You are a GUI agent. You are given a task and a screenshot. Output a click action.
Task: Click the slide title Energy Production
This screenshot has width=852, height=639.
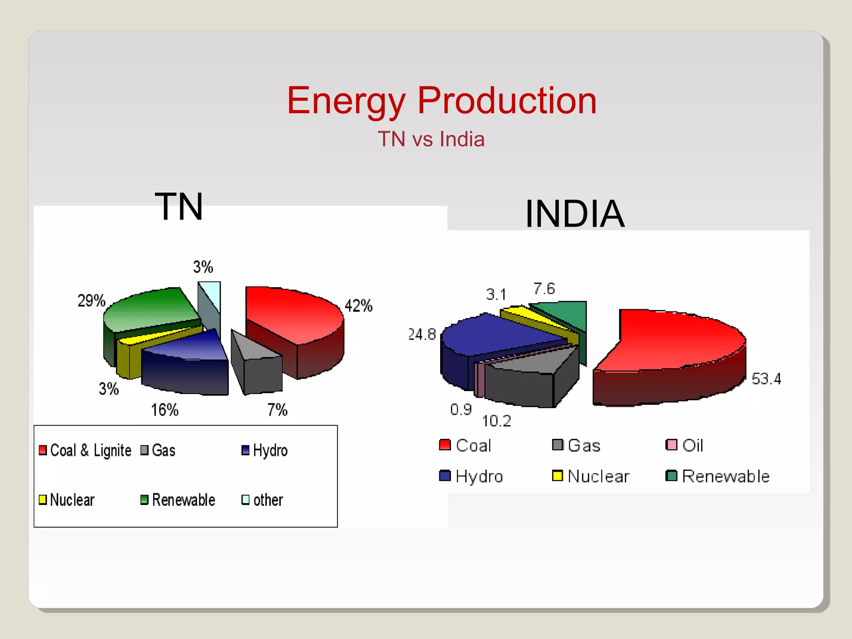441,101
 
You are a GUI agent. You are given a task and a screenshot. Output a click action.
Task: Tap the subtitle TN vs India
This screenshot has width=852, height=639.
431,139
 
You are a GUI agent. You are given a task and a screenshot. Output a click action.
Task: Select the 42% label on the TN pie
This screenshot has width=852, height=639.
358,306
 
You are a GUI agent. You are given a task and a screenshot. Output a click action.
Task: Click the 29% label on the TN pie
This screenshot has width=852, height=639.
91,301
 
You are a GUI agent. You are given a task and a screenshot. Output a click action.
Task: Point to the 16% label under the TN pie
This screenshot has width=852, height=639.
164,410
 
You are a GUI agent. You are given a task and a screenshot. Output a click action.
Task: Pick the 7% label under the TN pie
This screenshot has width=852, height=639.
277,410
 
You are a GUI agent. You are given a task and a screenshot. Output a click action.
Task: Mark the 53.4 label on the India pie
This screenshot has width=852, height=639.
766,379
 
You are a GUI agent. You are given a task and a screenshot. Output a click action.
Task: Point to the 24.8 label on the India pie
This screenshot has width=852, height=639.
422,334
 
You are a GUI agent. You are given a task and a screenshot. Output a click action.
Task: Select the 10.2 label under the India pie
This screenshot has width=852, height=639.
496,421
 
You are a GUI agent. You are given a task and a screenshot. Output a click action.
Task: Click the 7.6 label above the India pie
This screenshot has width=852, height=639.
544,289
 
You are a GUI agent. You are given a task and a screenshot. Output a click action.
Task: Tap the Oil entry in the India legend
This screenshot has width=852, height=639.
685,446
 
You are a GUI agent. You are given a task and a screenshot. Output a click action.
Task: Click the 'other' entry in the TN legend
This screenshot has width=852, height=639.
263,500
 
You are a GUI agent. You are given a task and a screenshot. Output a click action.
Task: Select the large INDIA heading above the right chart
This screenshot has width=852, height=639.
575,213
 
